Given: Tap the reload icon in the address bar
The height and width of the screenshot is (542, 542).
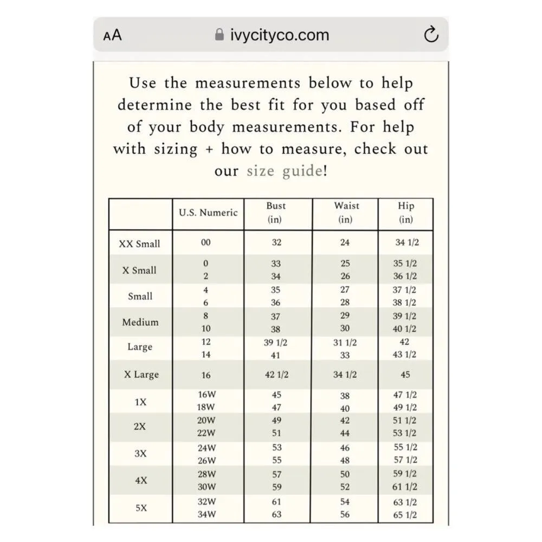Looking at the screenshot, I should coord(430,35).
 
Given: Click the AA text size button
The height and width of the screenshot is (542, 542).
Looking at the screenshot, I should coord(112,35).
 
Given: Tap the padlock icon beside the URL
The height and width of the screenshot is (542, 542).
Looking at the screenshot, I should coord(220,35).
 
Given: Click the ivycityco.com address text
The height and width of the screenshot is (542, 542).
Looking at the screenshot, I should coord(280,35).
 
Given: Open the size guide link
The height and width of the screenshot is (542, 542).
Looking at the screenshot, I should coord(284,171).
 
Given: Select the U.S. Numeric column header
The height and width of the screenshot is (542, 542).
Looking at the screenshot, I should coord(208,213).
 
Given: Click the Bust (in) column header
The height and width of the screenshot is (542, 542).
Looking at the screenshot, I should coord(276,213).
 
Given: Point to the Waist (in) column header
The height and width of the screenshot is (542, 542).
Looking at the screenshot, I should coord(346,213).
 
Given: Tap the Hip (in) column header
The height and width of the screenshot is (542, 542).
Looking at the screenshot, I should coord(406,213).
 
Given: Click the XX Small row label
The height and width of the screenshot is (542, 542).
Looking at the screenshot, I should coord(139,244).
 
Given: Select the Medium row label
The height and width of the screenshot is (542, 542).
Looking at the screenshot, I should coord(140,322).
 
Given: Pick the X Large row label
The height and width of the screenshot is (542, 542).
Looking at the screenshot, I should coord(141,375).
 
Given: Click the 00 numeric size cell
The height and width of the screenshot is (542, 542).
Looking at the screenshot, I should coord(205,243).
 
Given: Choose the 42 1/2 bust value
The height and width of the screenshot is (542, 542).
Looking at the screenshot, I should coord(276,375).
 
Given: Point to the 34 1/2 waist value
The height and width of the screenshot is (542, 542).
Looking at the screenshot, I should coord(345,375).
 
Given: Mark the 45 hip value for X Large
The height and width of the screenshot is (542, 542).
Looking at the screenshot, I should coord(405,375).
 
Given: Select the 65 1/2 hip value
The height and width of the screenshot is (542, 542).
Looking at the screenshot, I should coord(405,515).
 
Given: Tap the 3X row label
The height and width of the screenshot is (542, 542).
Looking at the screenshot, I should coord(140,454).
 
